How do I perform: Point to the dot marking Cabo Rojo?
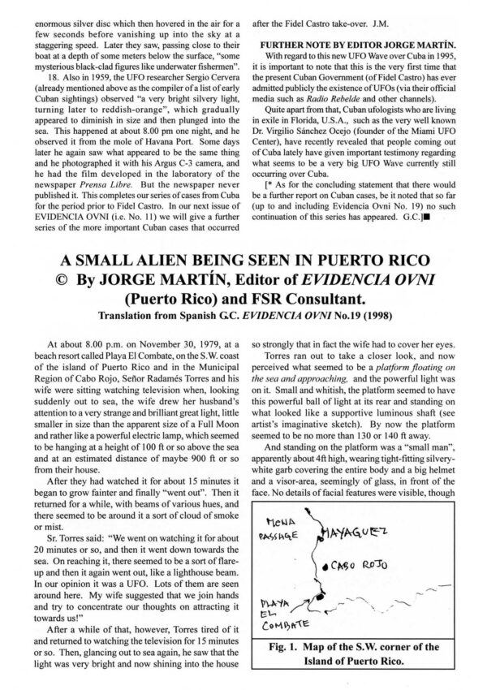tap(325, 564)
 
